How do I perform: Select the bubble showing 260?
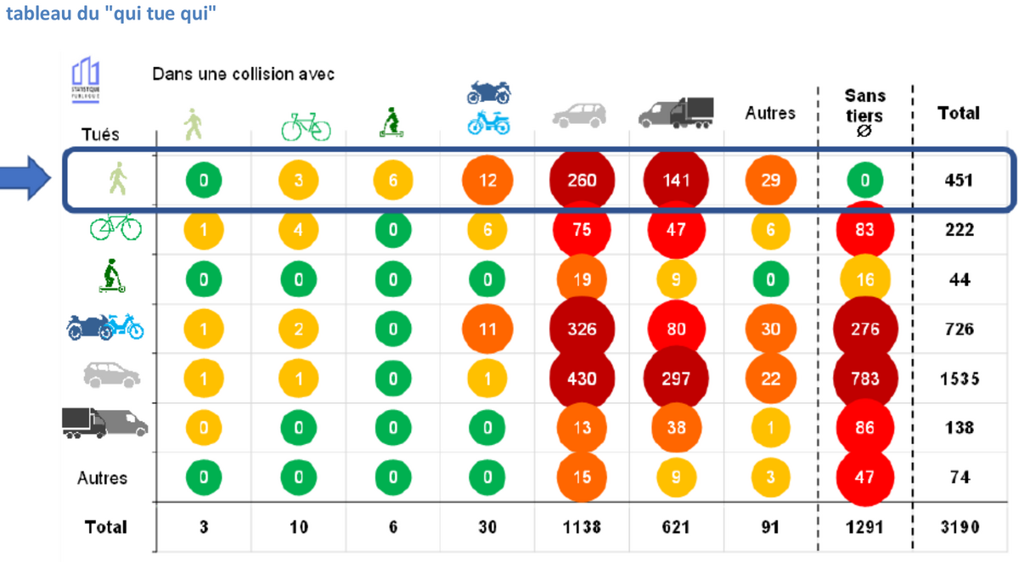582,180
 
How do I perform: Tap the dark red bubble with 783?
864,379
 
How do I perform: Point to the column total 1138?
582,527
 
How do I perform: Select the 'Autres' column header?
770,113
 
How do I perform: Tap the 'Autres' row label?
102,478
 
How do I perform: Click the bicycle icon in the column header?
306,127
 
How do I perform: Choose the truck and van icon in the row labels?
104,423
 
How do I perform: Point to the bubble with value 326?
582,329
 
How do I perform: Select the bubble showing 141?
676,180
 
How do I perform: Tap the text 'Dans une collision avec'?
243,75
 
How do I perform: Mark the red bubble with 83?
864,230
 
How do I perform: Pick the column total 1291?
864,527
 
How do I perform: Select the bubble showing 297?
676,379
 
